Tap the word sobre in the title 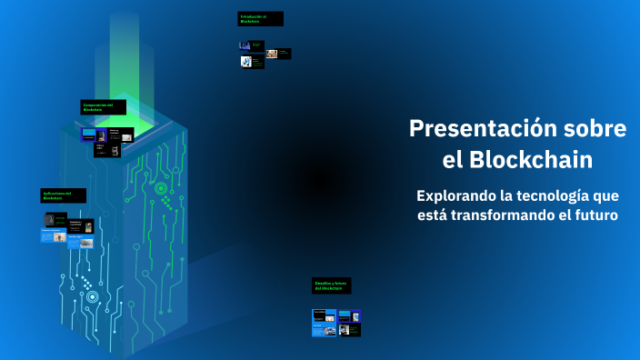590,129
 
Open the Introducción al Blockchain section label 260,18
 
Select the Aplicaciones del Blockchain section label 63,195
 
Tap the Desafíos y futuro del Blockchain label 331,285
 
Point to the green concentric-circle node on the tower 161,188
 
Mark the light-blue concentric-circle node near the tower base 92,296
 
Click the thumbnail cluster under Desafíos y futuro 336,323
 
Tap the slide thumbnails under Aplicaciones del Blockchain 67,229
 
